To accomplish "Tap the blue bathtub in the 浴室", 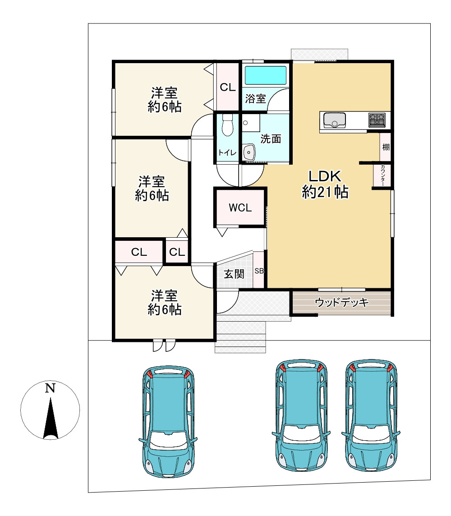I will coord(266,75).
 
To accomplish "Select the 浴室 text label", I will coord(255,99).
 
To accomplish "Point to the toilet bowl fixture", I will coord(227,125).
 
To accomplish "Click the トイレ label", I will coord(227,152).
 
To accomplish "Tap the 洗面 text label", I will coord(271,139).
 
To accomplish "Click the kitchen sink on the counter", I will coord(334,120).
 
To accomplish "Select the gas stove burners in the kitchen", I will coord(377,120).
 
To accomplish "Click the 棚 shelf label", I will coord(386,147).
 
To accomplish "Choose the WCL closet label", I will coord(239,208).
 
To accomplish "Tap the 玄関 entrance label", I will coord(235,274).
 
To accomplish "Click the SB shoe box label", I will coord(259,271).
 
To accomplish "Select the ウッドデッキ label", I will coord(342,302).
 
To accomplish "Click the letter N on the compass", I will coord(50,388).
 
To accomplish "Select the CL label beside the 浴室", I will coord(228,87).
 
